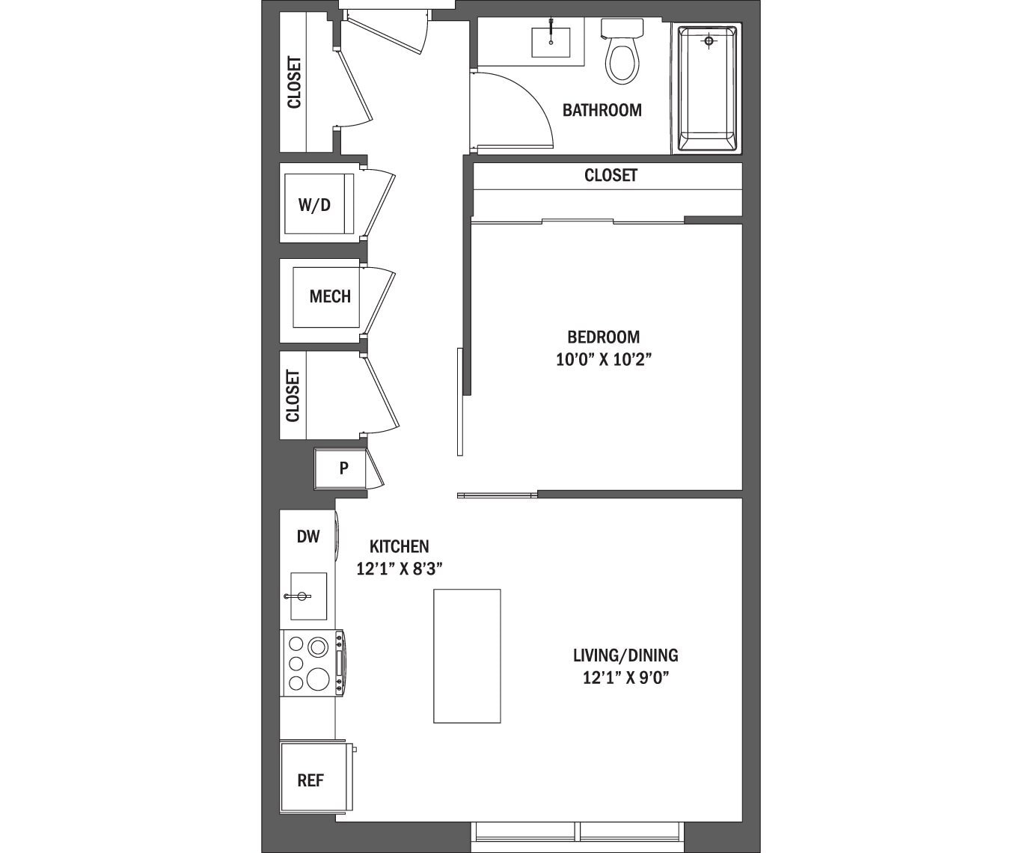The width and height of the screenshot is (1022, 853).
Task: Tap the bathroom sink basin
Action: click(551, 42)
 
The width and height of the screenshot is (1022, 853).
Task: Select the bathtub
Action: click(707, 88)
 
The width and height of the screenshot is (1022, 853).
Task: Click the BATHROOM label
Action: click(602, 110)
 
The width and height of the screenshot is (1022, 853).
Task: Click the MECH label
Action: click(330, 296)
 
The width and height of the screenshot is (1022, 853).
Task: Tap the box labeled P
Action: click(343, 468)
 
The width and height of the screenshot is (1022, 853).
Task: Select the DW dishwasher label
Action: click(308, 536)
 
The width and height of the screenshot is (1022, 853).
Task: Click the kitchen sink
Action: click(308, 596)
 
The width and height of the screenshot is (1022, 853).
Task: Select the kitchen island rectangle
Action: click(467, 656)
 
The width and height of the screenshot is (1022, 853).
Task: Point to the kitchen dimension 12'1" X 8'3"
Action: click(400, 569)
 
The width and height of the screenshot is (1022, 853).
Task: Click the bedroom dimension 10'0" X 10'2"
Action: click(604, 360)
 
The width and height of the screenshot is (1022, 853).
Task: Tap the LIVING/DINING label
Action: click(625, 655)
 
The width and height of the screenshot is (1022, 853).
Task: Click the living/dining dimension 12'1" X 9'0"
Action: click(625, 679)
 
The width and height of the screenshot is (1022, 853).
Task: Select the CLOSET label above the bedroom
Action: click(611, 175)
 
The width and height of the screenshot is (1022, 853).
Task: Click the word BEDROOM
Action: click(603, 337)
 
